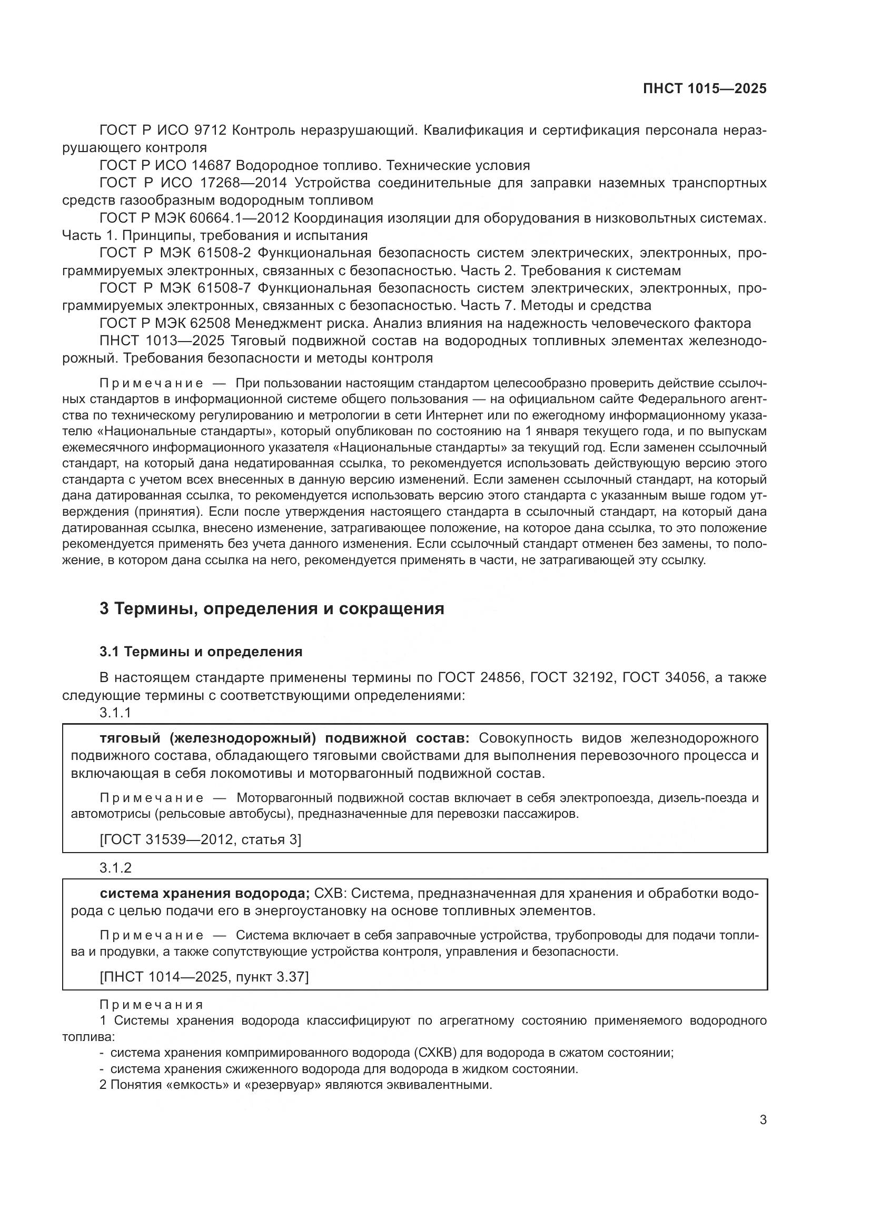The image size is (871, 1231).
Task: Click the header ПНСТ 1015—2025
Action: coord(704,88)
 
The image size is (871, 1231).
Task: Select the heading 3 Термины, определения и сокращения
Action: coord(271,608)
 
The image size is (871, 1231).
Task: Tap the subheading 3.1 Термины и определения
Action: coord(201,652)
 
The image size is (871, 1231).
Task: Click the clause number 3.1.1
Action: coord(115,713)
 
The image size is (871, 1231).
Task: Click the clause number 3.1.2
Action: coord(115,867)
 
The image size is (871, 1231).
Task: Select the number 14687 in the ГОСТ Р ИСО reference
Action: coord(212,165)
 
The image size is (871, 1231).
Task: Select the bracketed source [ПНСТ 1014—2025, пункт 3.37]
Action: coord(204,976)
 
